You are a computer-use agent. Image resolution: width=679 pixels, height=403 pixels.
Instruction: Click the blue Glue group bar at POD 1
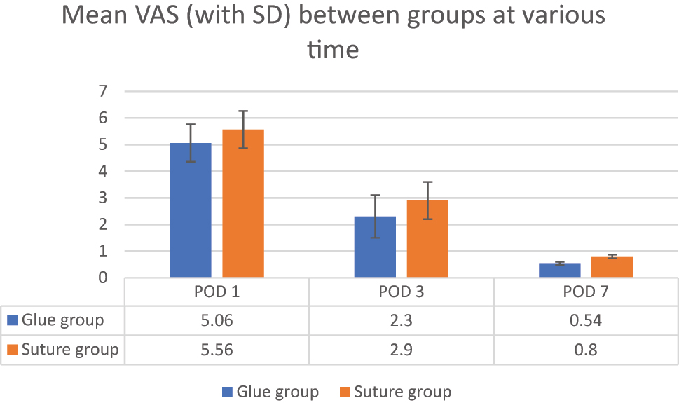(191, 210)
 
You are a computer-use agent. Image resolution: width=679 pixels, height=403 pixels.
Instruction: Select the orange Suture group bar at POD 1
(243, 203)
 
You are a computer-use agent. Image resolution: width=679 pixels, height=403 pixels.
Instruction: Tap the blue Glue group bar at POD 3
(375, 247)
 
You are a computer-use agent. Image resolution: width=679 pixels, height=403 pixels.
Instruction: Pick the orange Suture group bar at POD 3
(427, 239)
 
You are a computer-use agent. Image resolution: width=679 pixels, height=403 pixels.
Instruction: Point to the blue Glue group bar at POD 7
(559, 271)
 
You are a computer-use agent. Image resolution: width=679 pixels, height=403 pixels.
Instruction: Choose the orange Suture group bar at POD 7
(612, 267)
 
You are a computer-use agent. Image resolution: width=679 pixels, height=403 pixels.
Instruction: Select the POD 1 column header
(217, 292)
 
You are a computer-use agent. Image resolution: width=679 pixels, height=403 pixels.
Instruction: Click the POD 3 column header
(401, 292)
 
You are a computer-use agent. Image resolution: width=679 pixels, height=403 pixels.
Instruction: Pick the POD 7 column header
(585, 292)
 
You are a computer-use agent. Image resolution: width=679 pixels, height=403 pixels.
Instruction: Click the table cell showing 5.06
(217, 320)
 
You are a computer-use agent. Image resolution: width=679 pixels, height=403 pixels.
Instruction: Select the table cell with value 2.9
(401, 349)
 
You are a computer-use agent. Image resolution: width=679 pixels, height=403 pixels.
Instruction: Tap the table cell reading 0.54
(585, 320)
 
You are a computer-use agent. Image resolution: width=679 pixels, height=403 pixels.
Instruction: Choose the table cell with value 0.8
(585, 349)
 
